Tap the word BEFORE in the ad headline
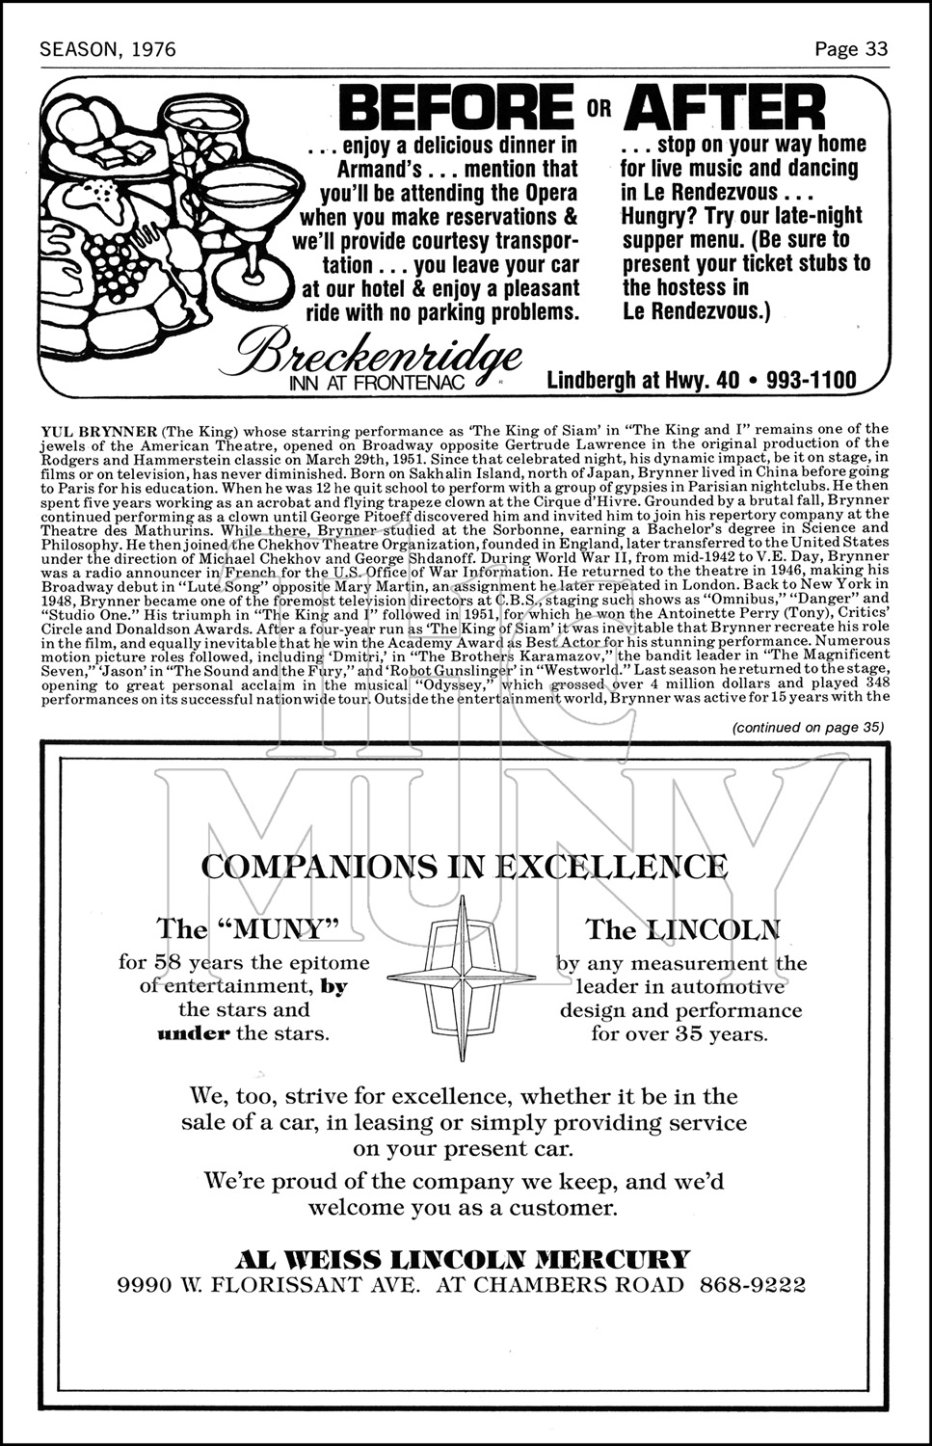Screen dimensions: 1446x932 tap(458, 107)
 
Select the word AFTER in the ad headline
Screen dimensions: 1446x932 tap(725, 107)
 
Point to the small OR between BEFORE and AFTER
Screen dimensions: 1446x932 tap(599, 107)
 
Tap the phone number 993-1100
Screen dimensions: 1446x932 tap(811, 380)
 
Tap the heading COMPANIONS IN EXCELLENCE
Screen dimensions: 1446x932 tap(465, 867)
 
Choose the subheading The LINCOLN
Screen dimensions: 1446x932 tap(682, 929)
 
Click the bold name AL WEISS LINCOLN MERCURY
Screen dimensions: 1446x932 tap(464, 1259)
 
